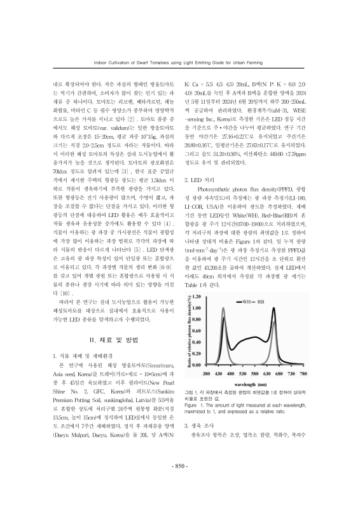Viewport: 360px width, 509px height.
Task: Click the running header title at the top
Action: [180, 63]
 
